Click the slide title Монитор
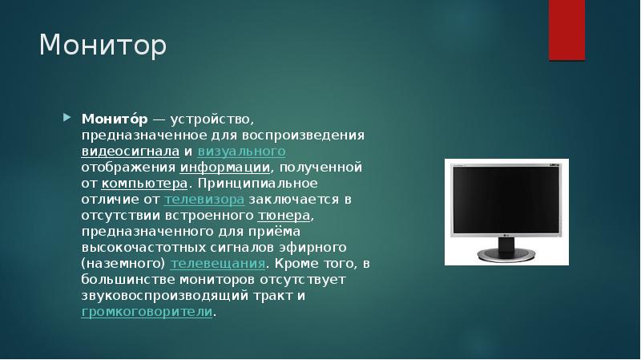pyautogui.click(x=103, y=46)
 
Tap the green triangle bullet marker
pyautogui.click(x=67, y=118)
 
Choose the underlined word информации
pyautogui.click(x=225, y=167)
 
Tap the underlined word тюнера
pyautogui.click(x=284, y=215)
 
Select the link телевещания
pyautogui.click(x=218, y=263)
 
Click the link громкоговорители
pyautogui.click(x=147, y=311)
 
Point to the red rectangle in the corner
pyautogui.click(x=566, y=30)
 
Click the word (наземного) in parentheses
pyautogui.click(x=123, y=263)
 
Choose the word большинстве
pyautogui.click(x=123, y=279)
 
